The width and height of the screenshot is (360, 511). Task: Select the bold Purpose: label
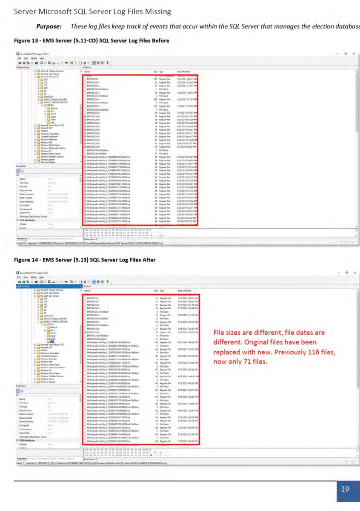pos(49,26)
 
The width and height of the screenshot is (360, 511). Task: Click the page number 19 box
pos(345,489)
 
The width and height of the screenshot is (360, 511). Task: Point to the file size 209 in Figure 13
pos(156,99)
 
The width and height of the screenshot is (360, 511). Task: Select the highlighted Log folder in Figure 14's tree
pos(51,341)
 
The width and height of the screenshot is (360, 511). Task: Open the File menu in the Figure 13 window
pos(19,58)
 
